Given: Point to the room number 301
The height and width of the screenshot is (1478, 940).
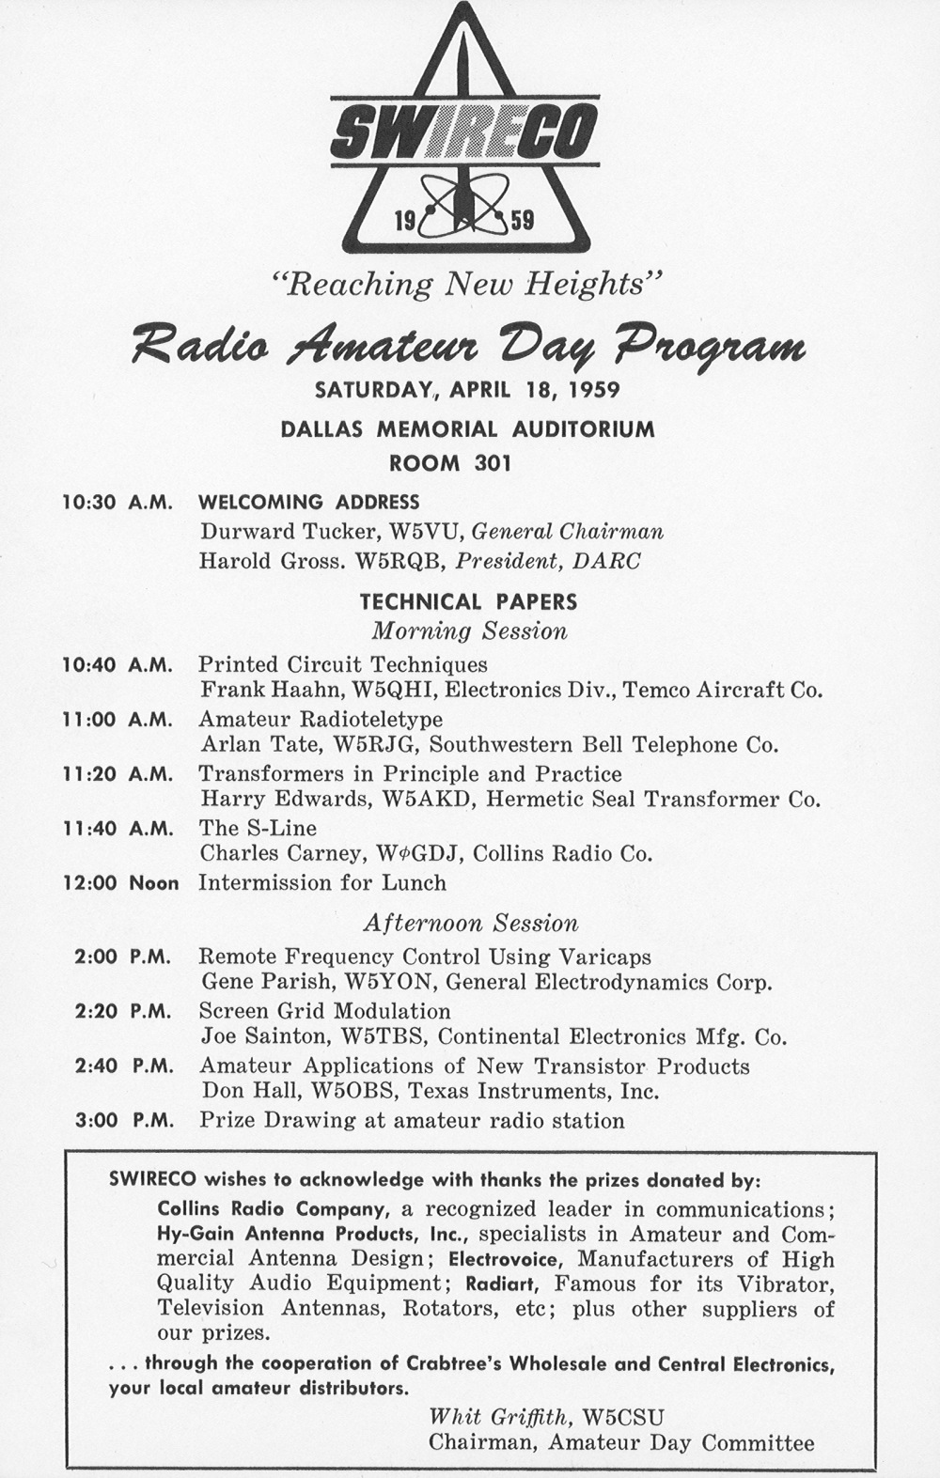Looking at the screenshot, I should click(x=493, y=462).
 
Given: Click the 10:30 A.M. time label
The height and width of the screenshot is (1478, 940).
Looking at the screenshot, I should click(x=117, y=503).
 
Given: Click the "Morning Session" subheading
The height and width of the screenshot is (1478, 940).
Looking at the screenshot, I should click(x=469, y=630).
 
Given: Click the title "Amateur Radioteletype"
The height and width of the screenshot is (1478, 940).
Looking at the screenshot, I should click(x=320, y=720).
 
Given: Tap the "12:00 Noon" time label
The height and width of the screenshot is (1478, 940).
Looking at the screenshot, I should click(x=119, y=883).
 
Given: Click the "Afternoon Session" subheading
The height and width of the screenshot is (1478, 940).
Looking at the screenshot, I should click(x=470, y=923).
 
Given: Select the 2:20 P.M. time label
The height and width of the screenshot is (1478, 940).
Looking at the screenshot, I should click(x=122, y=1012).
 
